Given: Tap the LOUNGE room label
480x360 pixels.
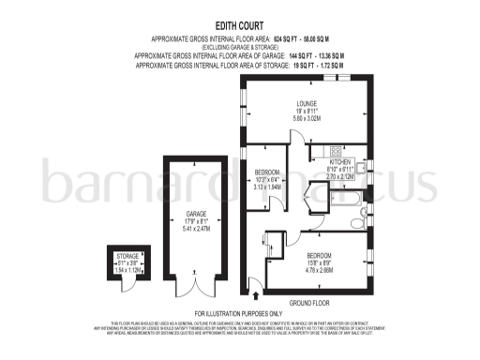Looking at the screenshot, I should tap(307, 103).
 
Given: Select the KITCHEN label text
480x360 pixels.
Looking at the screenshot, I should tap(339, 161).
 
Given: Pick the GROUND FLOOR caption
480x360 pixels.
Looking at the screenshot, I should tap(310, 302).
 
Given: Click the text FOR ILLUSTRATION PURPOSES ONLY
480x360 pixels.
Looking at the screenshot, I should tap(238, 312).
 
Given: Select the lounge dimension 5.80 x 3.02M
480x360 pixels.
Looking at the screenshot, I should tap(307, 119).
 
